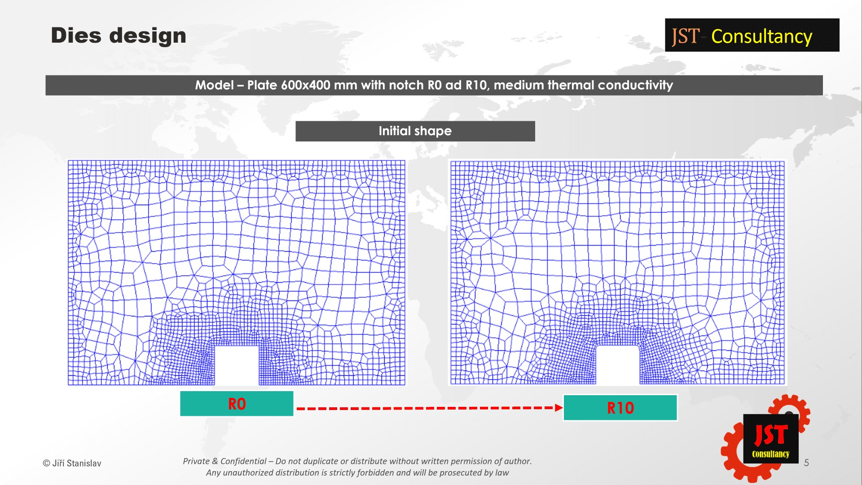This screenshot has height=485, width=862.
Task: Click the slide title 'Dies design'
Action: tap(119, 35)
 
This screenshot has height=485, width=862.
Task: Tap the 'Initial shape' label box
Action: tap(415, 131)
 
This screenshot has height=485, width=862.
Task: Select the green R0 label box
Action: tap(237, 404)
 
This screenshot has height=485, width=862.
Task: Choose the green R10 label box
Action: tap(620, 408)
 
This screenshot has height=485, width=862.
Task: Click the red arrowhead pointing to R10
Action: tap(559, 408)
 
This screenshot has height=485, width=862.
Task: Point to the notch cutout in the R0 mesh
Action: tap(237, 365)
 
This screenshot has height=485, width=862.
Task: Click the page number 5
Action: tap(806, 463)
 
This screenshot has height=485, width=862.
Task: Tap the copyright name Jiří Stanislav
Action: tap(77, 463)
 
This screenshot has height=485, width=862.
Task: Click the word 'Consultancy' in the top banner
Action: tap(761, 36)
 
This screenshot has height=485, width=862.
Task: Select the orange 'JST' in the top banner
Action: tap(686, 36)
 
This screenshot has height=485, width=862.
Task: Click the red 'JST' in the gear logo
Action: tap(771, 435)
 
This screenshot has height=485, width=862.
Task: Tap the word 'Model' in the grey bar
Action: tap(214, 85)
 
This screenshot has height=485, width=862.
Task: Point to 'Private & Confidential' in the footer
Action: tap(224, 461)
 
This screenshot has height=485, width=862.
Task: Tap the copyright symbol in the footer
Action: tap(46, 463)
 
